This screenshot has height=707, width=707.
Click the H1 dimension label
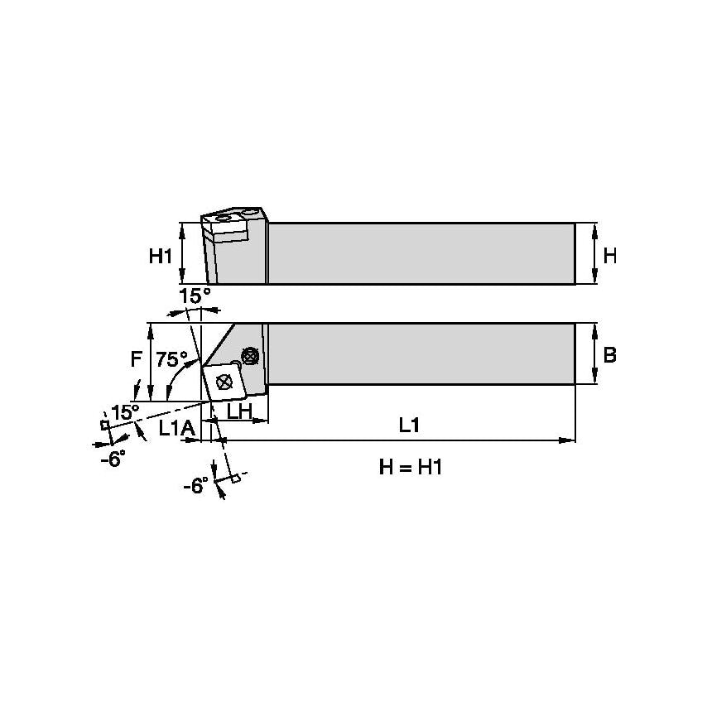(160, 257)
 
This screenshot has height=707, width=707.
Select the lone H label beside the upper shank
(609, 257)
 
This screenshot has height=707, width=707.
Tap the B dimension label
(609, 355)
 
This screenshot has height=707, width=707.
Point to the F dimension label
(137, 359)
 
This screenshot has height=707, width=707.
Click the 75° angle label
(171, 359)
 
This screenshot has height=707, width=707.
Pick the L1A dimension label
(176, 428)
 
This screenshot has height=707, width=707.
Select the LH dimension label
(240, 411)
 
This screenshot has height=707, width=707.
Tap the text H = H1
(411, 468)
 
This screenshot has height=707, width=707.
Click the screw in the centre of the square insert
(223, 382)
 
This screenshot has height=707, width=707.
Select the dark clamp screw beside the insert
(248, 356)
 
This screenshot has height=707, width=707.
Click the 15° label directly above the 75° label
(195, 296)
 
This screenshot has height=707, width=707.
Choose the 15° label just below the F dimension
(126, 411)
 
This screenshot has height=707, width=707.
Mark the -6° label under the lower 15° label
(113, 459)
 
